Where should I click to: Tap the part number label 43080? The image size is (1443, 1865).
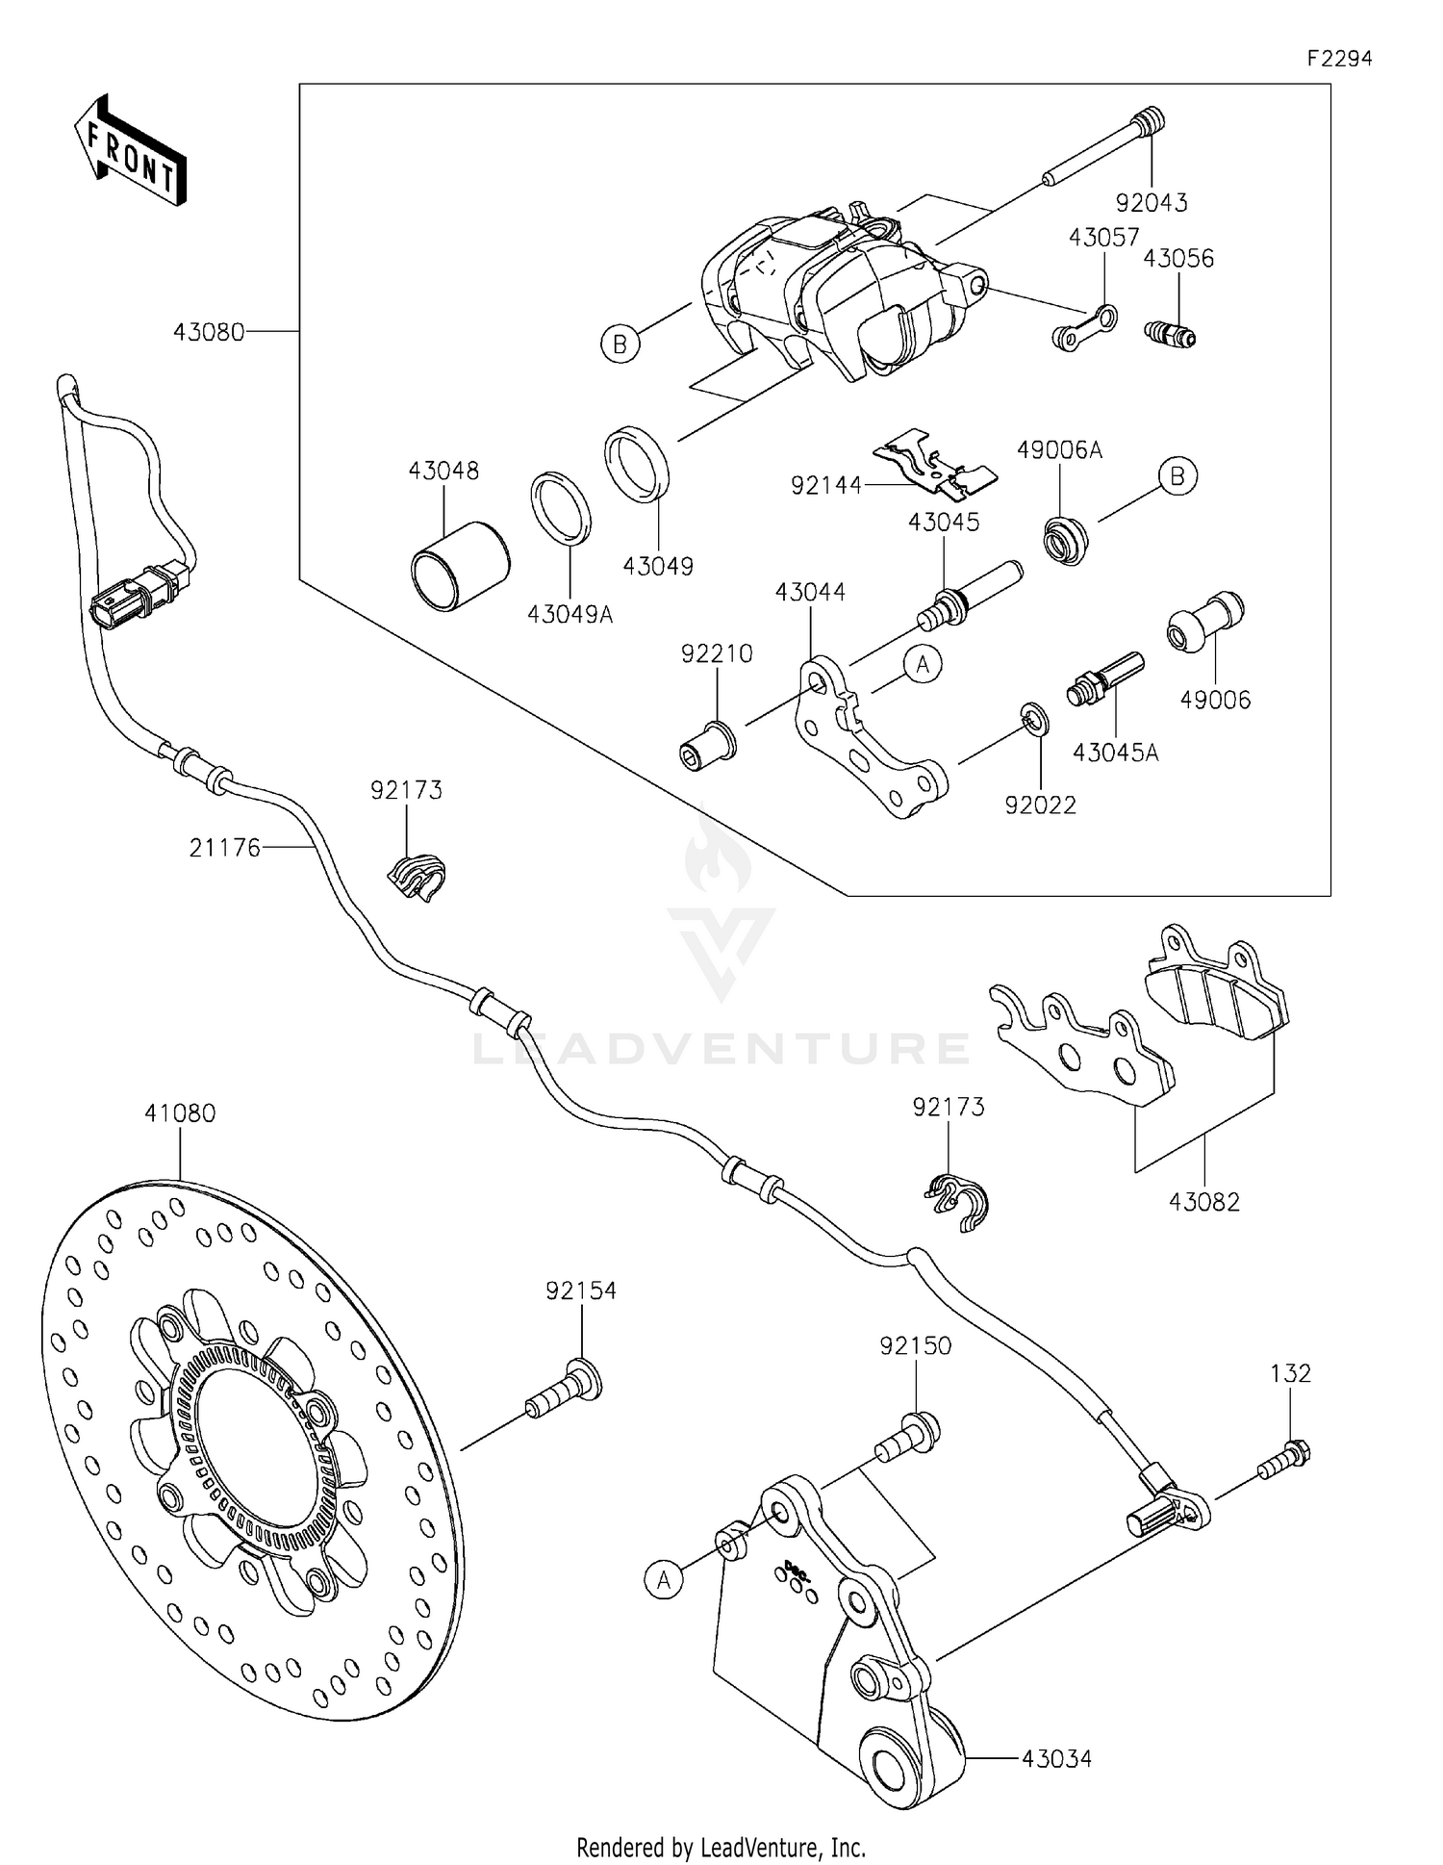click(208, 332)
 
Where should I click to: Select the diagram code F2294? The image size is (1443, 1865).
click(1339, 59)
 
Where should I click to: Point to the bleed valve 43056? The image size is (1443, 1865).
click(1170, 334)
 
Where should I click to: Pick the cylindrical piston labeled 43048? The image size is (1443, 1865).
click(460, 565)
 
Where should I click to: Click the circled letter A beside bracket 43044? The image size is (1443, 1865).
click(923, 665)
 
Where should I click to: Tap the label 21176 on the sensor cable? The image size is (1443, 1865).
click(224, 848)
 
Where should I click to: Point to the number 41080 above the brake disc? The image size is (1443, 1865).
click(180, 1113)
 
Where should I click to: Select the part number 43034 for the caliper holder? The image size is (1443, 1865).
click(1056, 1759)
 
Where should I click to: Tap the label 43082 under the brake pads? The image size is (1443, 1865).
click(1204, 1202)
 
